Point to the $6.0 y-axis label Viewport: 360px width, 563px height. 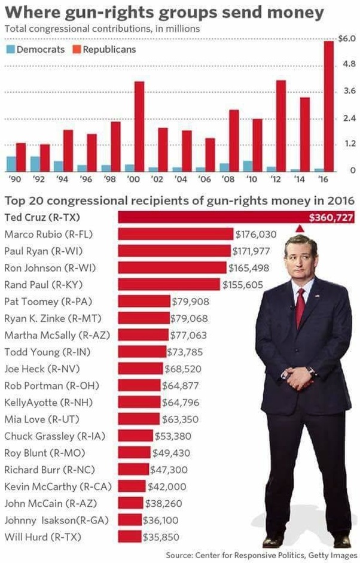click(x=347, y=39)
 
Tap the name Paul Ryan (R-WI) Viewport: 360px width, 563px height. click(x=42, y=251)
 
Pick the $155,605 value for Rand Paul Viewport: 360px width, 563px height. click(x=243, y=285)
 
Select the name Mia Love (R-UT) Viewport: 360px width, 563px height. click(x=40, y=419)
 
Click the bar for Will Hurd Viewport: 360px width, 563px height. click(x=130, y=537)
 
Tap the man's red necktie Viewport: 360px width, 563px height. click(x=300, y=306)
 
